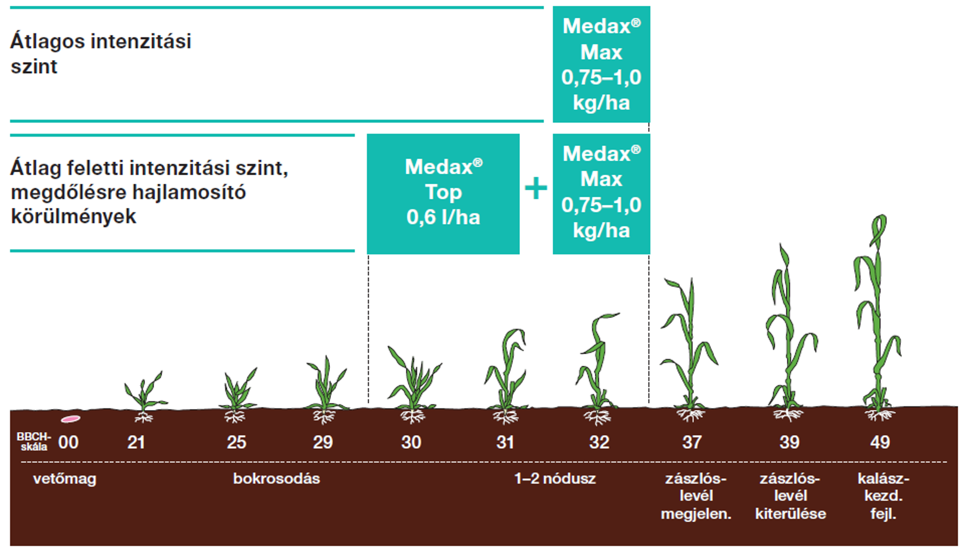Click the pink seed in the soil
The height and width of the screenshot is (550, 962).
click(70, 419)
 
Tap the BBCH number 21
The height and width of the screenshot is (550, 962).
click(136, 442)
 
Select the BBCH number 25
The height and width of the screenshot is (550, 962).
click(236, 442)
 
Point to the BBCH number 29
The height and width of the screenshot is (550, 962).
click(322, 442)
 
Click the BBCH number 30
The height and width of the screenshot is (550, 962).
click(411, 442)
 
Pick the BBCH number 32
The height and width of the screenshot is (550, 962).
click(599, 442)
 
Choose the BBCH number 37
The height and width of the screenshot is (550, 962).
click(692, 442)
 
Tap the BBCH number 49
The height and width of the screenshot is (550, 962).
click(880, 442)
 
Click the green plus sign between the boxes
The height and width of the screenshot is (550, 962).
click(536, 188)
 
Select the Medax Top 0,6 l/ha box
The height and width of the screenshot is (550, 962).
click(443, 193)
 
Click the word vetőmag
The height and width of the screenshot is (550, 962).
click(64, 479)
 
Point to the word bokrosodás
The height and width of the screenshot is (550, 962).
click(277, 479)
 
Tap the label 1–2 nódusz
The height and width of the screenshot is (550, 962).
click(555, 479)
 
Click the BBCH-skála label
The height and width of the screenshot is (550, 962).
click(34, 442)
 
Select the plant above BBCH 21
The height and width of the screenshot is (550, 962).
click(144, 392)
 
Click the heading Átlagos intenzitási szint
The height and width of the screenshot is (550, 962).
click(101, 53)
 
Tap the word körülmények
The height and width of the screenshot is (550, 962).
click(74, 217)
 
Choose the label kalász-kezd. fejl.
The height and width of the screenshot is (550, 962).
click(883, 496)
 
